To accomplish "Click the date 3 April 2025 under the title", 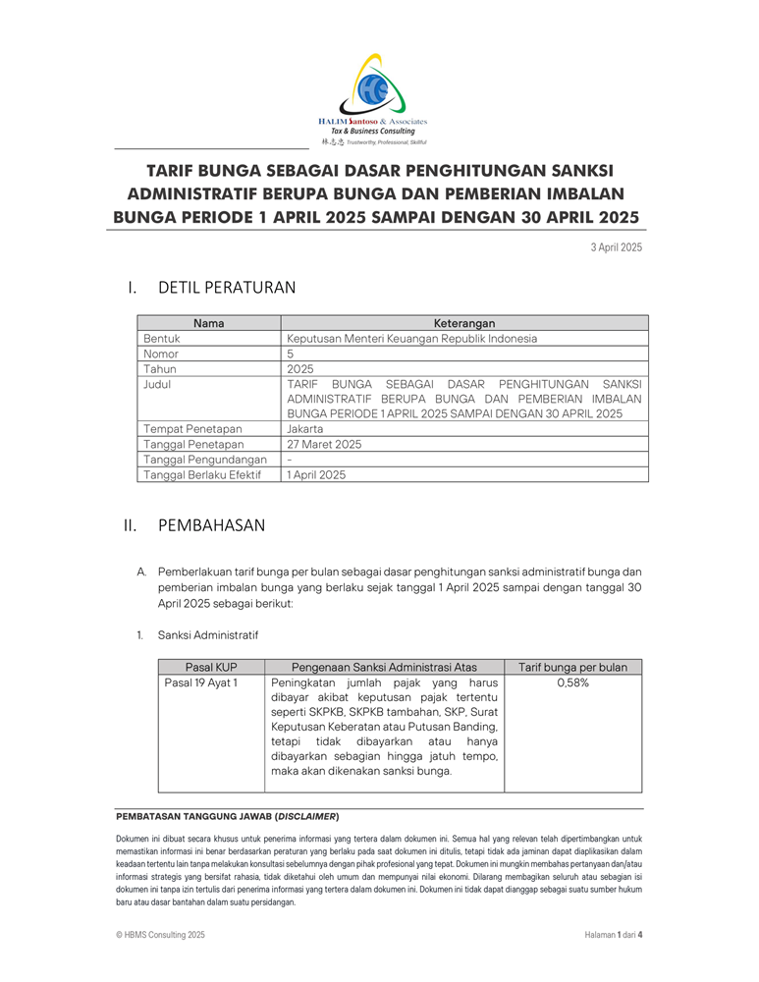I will (x=616, y=246).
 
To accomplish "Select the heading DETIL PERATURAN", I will (x=226, y=287).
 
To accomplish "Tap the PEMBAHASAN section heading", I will (x=211, y=525).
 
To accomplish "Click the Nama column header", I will (x=208, y=323).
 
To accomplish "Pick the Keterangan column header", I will (x=463, y=323).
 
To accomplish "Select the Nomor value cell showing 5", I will (x=291, y=354).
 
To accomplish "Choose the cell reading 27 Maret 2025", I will (x=324, y=444).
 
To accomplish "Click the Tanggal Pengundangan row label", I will (x=205, y=460).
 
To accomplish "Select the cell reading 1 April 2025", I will (x=316, y=474).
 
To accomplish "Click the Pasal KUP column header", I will (x=212, y=667).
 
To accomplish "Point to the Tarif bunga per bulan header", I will (x=572, y=667).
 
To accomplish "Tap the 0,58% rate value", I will (x=572, y=682).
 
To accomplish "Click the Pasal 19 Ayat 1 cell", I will (x=200, y=682).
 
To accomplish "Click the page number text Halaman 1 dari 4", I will (x=606, y=935).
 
